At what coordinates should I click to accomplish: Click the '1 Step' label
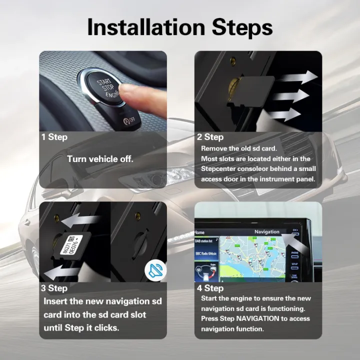point(54,137)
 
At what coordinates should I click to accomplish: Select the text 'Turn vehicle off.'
point(100,159)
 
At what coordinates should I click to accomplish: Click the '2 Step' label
point(210,137)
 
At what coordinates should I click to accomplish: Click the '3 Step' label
point(54,288)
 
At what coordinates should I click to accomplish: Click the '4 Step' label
point(210,288)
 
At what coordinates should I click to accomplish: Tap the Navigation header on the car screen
point(266,232)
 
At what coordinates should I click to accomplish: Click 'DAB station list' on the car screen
point(206,241)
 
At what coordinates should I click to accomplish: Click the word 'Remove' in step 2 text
point(213,148)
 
